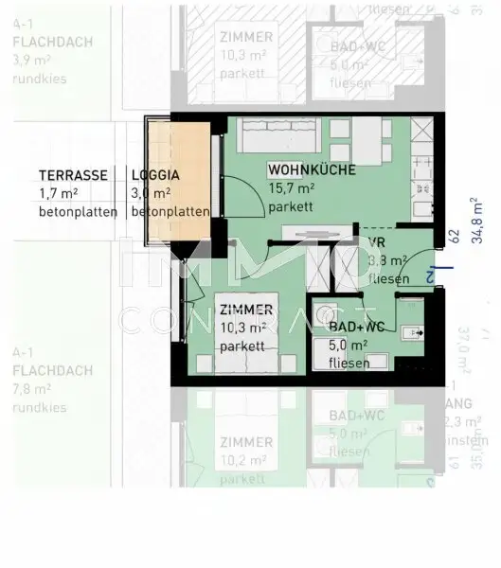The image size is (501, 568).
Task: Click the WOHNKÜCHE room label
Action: tap(312, 170)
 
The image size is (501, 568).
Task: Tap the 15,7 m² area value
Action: tap(292, 188)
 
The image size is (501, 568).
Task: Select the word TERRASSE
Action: tap(71, 175)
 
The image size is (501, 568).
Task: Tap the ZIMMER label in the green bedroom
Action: tap(246, 310)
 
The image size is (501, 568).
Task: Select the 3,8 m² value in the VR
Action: tap(387, 261)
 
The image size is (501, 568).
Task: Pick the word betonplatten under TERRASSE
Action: tap(77, 212)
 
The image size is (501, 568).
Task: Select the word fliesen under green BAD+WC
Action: tap(351, 363)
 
